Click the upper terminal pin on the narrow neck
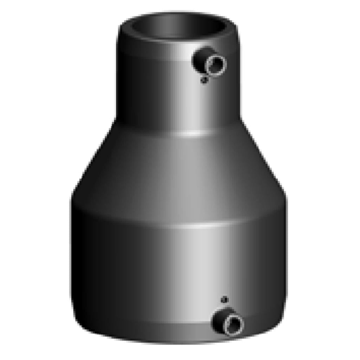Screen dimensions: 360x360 tap(210, 63)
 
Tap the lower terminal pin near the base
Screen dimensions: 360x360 tap(228, 322)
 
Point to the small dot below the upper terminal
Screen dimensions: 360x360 tap(204, 81)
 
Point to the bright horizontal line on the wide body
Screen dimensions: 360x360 tap(197, 226)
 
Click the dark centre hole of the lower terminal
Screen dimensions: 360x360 tap(233, 323)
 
